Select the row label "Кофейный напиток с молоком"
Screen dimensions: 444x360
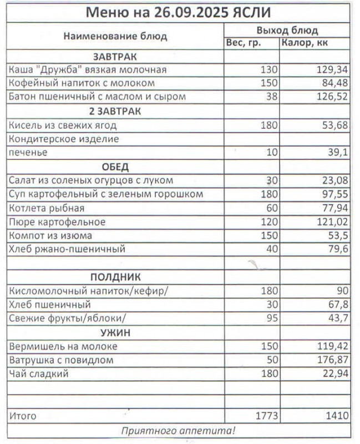pyautogui.click(x=82, y=83)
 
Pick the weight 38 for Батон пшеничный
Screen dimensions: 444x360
pyautogui.click(x=271, y=97)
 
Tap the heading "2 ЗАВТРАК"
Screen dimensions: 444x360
pyautogui.click(x=115, y=111)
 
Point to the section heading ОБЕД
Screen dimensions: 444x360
pyautogui.click(x=115, y=167)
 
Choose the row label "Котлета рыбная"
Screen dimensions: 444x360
pyautogui.click(x=47, y=208)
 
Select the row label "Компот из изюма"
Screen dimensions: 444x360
pyautogui.click(x=50, y=235)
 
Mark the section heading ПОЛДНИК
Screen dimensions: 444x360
pyautogui.click(x=115, y=277)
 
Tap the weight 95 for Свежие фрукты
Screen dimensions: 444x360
pyautogui.click(x=271, y=318)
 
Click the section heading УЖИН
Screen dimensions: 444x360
pyautogui.click(x=115, y=332)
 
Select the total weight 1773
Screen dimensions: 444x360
pyautogui.click(x=266, y=415)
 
